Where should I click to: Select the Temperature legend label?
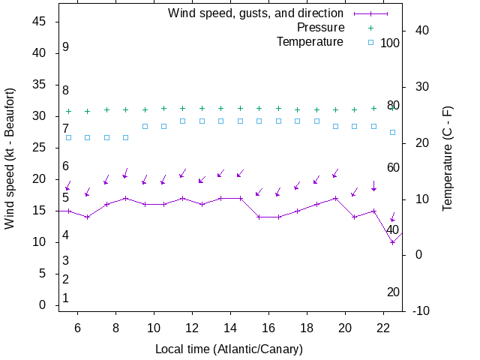pyautogui.click(x=310, y=41)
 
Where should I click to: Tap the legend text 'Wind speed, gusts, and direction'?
pyautogui.click(x=255, y=13)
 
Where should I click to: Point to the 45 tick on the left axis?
pyautogui.click(x=41, y=22)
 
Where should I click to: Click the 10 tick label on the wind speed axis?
pyautogui.click(x=41, y=242)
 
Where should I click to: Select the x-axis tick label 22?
pyautogui.click(x=383, y=328)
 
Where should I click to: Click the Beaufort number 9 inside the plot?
pyautogui.click(x=66, y=47)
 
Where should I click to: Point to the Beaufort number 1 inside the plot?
pyautogui.click(x=66, y=298)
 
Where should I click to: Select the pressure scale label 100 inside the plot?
pyautogui.click(x=390, y=43)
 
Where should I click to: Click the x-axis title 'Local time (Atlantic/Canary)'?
pyautogui.click(x=229, y=349)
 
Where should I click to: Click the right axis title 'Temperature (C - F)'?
pyautogui.click(x=448, y=157)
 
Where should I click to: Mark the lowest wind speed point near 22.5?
pyautogui.click(x=392, y=242)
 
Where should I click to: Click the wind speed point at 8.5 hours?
pyautogui.click(x=126, y=199)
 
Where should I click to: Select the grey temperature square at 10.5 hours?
pyautogui.click(x=164, y=126)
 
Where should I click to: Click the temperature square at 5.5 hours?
pyautogui.click(x=68, y=137)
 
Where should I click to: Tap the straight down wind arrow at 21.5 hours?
pyautogui.click(x=373, y=185)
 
